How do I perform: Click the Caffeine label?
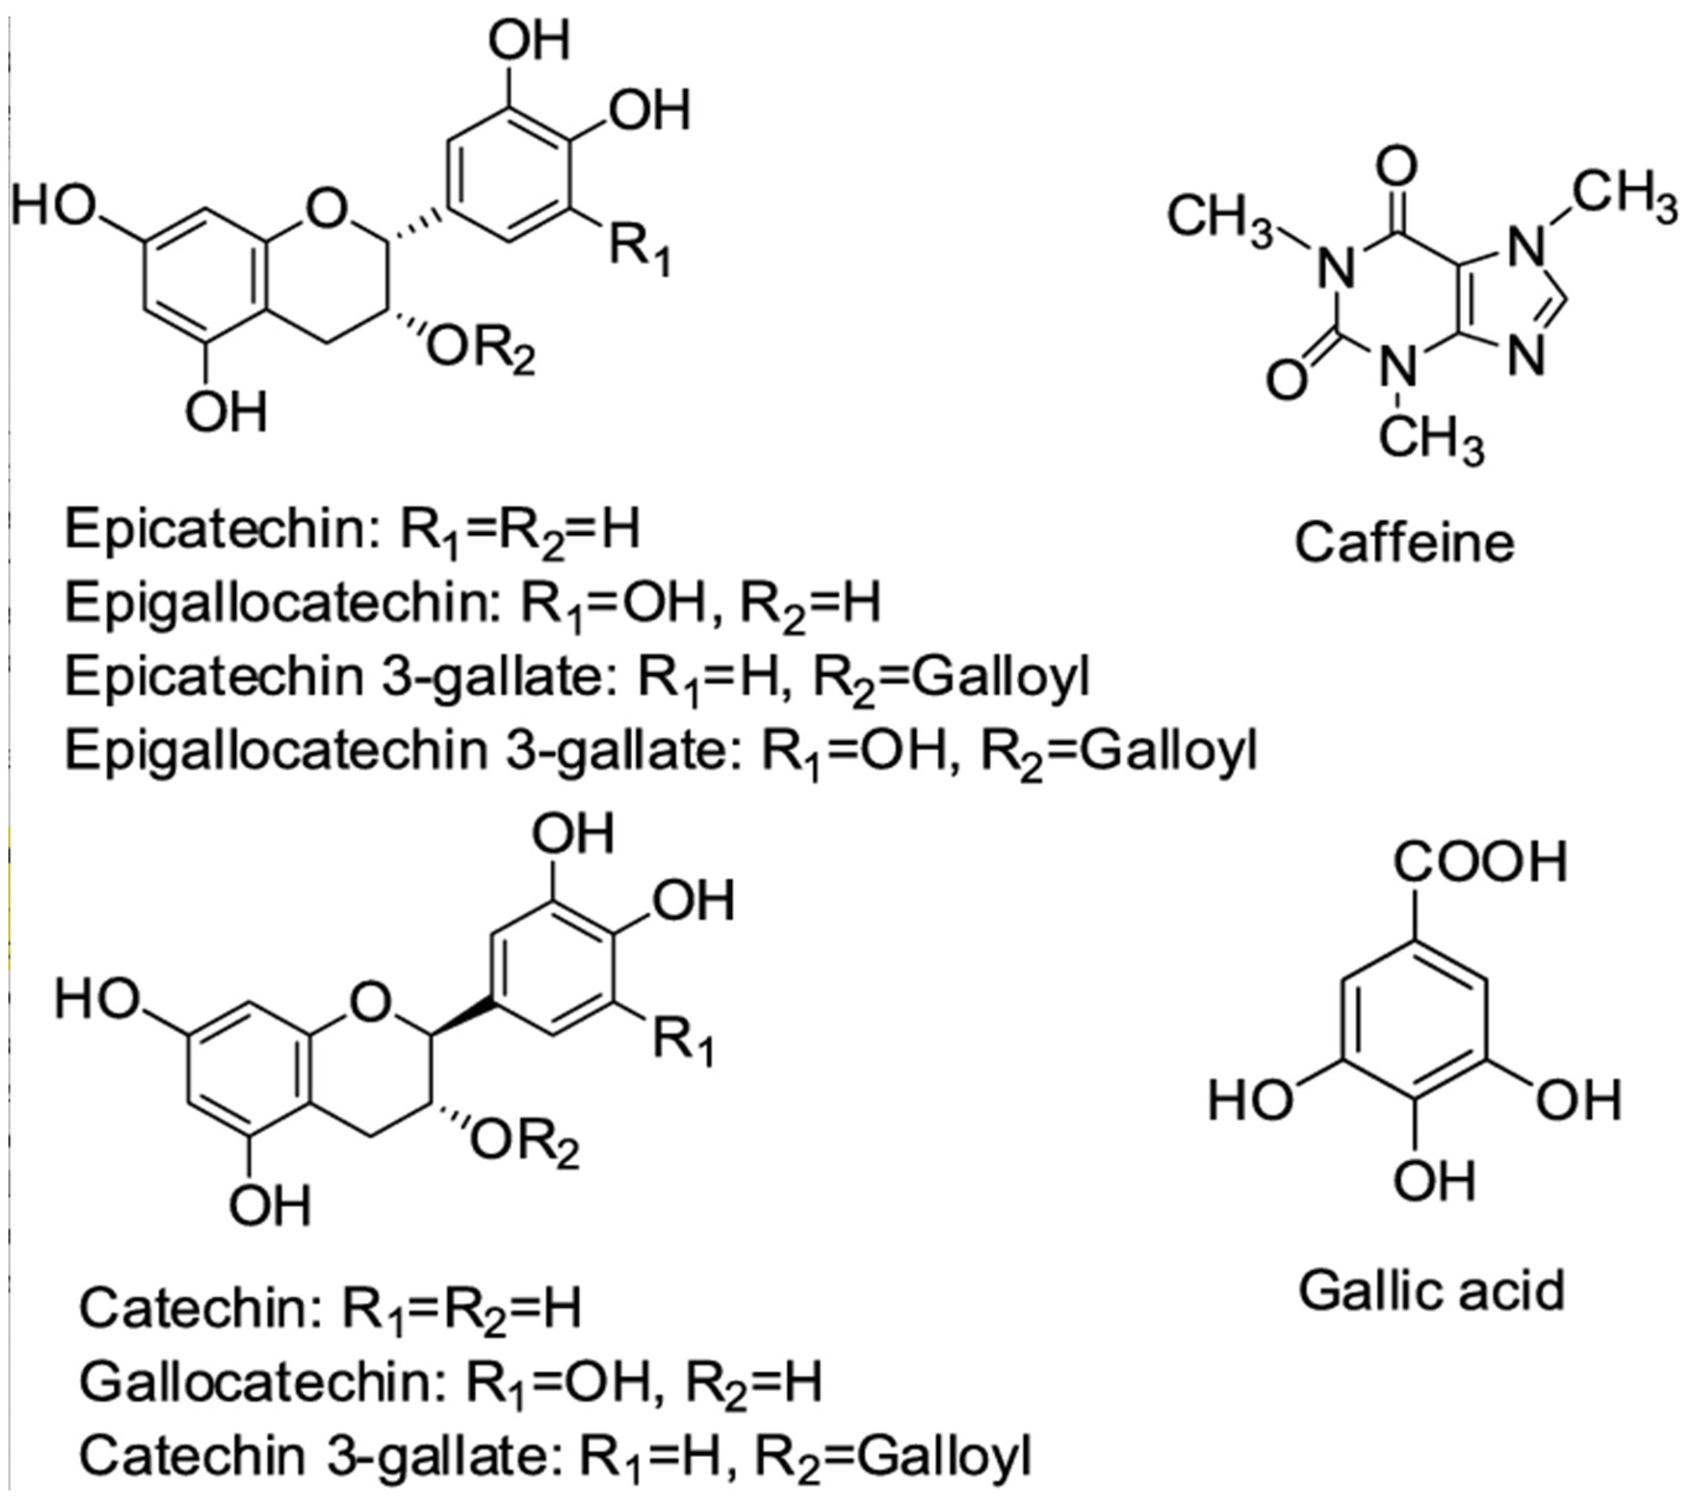[1404, 544]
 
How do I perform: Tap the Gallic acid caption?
[1432, 1291]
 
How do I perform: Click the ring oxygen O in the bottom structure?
[369, 1003]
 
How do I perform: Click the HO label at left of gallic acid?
[1249, 1101]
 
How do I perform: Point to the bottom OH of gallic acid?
[1433, 1181]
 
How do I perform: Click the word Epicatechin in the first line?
[216, 530]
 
